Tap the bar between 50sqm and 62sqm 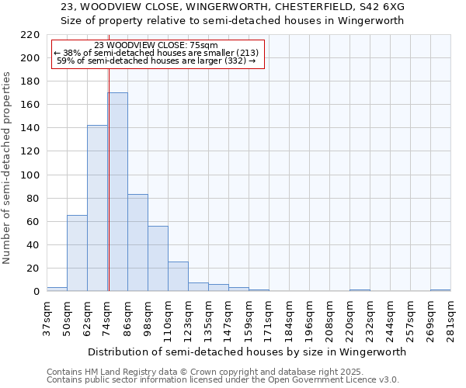pyautogui.click(x=77, y=253)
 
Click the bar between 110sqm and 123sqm pyautogui.click(x=178, y=276)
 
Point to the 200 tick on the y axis pyautogui.click(x=30, y=58)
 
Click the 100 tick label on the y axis pyautogui.click(x=30, y=175)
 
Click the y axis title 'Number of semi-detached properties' pyautogui.click(x=8, y=168)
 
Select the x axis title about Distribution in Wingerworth pyautogui.click(x=248, y=352)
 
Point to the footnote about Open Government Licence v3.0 pyautogui.click(x=223, y=379)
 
